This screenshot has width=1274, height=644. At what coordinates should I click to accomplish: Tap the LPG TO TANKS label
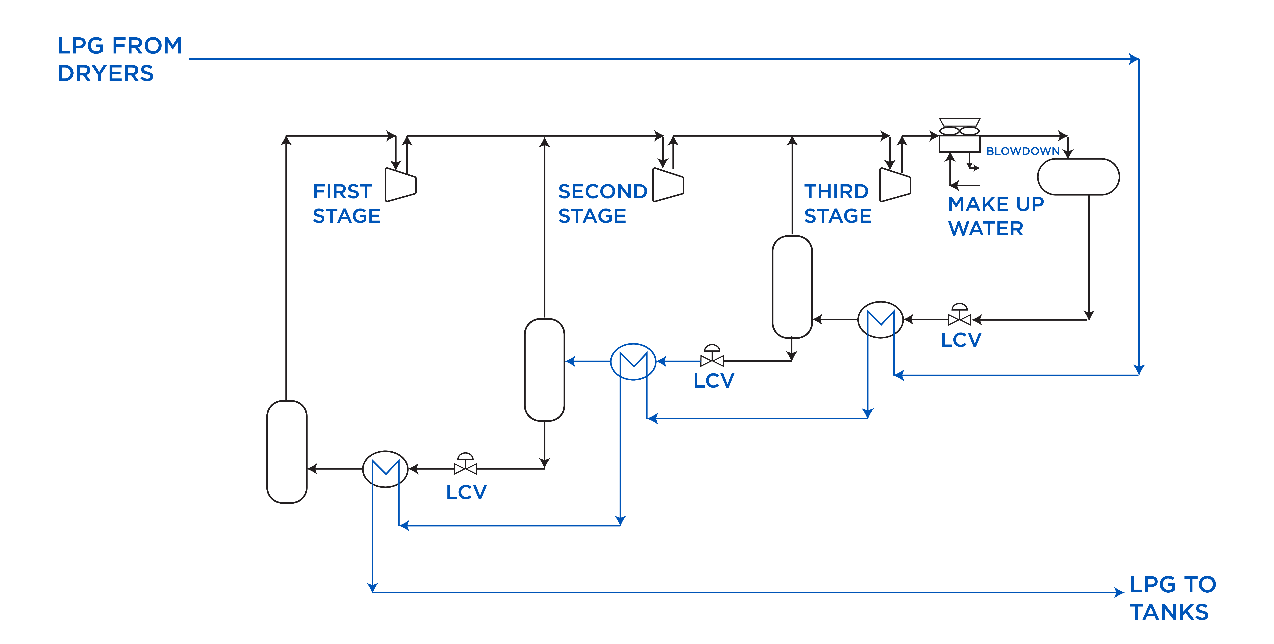tap(1172, 598)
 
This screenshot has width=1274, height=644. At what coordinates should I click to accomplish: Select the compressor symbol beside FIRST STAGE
tap(401, 185)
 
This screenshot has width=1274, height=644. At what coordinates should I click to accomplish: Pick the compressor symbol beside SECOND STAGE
tap(668, 185)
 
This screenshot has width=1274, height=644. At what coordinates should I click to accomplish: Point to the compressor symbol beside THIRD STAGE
tap(895, 185)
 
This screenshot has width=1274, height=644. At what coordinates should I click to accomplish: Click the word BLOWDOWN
tap(1023, 151)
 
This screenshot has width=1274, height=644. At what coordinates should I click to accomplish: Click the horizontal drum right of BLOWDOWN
tap(1078, 177)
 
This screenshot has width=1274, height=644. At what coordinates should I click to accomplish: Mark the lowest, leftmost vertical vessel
tap(287, 452)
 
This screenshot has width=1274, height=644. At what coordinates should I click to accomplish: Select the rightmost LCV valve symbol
tap(959, 316)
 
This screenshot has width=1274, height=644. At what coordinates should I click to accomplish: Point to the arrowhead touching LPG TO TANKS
tap(1119, 592)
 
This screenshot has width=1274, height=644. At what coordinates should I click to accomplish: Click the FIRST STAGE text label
tap(346, 204)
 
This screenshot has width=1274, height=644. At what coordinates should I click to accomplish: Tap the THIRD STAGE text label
tap(837, 204)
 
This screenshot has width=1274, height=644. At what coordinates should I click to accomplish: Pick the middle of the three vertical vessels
tap(544, 370)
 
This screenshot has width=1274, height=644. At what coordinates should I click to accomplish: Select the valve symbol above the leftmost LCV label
tap(465, 466)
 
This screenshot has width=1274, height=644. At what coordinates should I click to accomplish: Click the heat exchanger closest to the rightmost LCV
tap(880, 320)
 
